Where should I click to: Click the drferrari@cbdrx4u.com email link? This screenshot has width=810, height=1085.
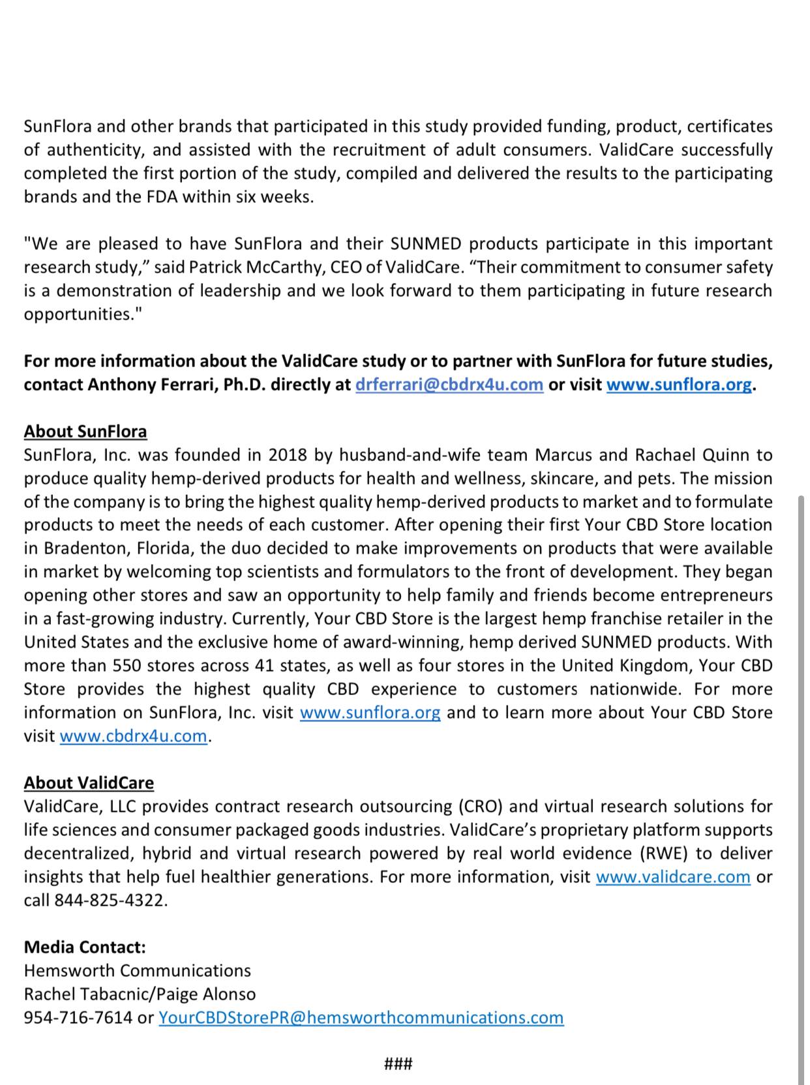449,385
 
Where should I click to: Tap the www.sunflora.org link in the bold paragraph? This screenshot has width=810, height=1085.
679,385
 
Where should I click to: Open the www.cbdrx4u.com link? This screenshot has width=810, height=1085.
133,736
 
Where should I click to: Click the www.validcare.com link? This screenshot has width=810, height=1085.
673,877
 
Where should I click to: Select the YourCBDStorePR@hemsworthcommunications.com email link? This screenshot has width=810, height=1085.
361,1018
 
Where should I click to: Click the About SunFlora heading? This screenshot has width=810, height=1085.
85,432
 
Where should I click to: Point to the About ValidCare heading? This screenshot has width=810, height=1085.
89,783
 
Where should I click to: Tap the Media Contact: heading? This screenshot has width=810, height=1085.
85,947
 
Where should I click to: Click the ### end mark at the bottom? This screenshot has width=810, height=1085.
398,1065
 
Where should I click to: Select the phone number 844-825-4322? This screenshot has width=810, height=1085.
110,900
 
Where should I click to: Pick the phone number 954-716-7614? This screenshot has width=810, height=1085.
78,1018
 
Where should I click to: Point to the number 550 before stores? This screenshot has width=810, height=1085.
127,666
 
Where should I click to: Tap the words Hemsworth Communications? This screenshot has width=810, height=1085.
137,971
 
